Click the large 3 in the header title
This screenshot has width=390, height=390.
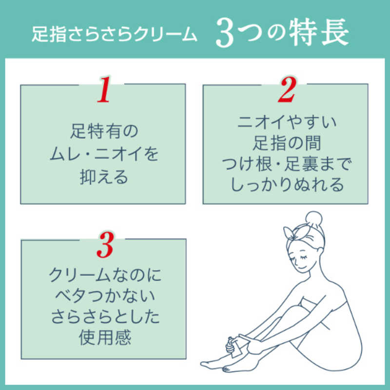225,35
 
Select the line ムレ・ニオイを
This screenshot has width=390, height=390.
103,155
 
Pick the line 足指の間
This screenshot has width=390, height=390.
286,143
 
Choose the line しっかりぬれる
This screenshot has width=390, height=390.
286,185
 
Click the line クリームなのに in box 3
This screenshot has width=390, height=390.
103,276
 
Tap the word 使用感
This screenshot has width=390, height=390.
103,337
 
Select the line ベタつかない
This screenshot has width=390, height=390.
103,297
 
